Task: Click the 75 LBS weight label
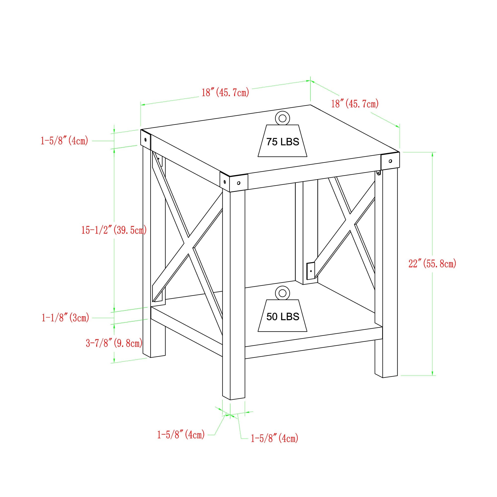[283, 142]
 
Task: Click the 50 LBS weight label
[283, 317]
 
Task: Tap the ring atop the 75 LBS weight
[282, 118]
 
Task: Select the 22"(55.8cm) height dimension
[432, 263]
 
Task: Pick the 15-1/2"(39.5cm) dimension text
[114, 230]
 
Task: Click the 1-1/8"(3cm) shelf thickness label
[65, 318]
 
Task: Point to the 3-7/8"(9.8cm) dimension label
[114, 343]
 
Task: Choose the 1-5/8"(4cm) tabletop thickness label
[64, 141]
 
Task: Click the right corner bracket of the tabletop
[390, 161]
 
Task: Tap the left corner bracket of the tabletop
[146, 140]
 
